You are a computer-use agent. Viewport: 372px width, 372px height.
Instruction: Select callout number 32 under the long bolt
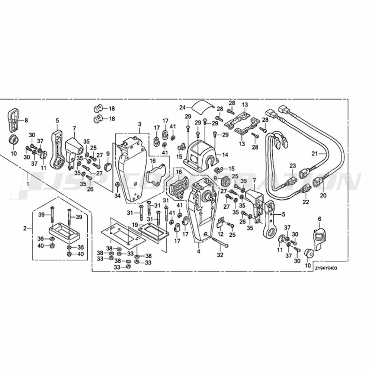coord(220,255)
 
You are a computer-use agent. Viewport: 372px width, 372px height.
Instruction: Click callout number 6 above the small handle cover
coord(319,219)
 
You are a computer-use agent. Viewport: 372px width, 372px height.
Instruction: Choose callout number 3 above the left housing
coord(139,124)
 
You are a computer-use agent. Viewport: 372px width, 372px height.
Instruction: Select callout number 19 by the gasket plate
coord(135,225)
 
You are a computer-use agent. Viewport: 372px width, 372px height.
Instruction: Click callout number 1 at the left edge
coord(28,184)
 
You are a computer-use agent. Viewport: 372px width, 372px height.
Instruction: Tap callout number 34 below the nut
coord(118,195)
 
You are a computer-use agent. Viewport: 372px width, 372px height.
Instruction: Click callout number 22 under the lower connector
coord(306,202)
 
